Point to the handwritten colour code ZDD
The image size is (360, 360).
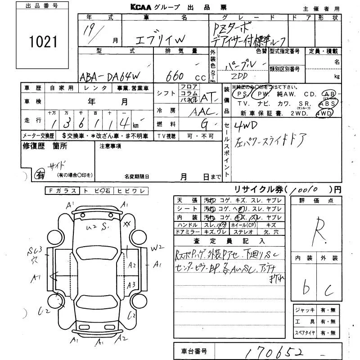coord(242,76)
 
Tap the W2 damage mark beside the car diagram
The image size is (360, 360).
coord(157,247)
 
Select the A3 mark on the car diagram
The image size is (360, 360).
coord(131,284)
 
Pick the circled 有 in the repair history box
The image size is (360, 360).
coord(40,175)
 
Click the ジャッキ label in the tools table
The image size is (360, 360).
coord(301,310)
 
